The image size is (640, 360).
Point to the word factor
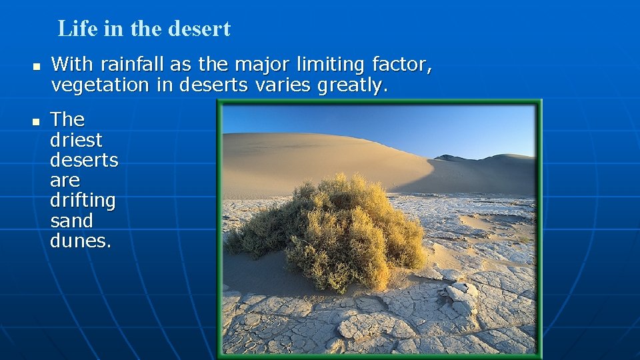[x=403, y=65]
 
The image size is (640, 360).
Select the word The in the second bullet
[x=67, y=119]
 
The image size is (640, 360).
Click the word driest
[x=76, y=140]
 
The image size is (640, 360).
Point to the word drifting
[x=83, y=201]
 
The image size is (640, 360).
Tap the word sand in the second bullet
[x=71, y=221]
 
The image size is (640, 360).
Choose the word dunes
[x=81, y=241]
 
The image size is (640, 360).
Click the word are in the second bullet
[x=65, y=181]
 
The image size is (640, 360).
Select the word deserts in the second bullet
[x=84, y=160]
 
